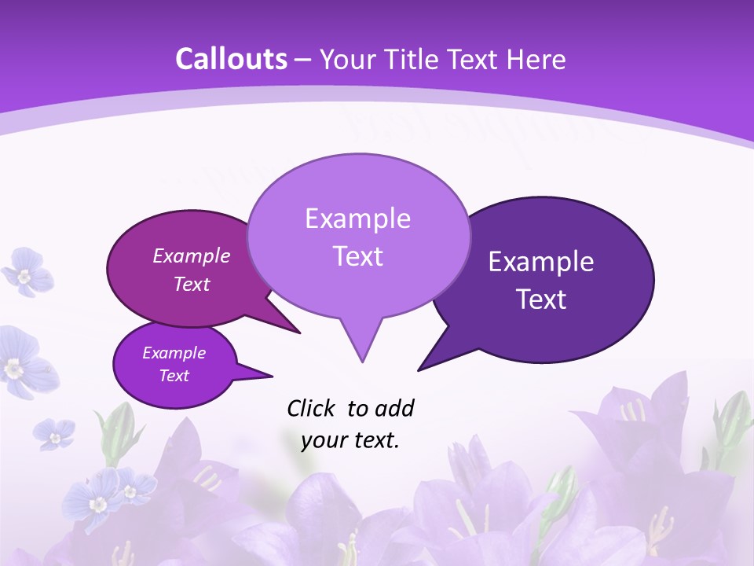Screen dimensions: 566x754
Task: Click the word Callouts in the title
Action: (x=231, y=59)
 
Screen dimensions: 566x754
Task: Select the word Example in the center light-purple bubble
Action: (x=357, y=219)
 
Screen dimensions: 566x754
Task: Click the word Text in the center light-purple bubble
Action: (x=357, y=256)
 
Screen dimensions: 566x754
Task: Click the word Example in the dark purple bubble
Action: (x=541, y=262)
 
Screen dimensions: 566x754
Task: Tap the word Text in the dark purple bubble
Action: (x=541, y=300)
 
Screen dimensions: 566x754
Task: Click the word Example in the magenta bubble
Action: (x=192, y=255)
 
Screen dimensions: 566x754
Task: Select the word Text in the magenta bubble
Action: (x=192, y=284)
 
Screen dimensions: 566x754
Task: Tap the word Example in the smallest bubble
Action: (x=174, y=353)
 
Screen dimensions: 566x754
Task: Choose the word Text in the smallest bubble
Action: (x=174, y=376)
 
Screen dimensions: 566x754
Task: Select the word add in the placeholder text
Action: (x=394, y=408)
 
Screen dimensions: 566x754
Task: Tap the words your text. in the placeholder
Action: (x=350, y=440)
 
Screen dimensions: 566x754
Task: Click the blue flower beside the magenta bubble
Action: (x=26, y=272)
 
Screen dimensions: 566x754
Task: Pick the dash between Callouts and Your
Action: (x=304, y=60)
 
